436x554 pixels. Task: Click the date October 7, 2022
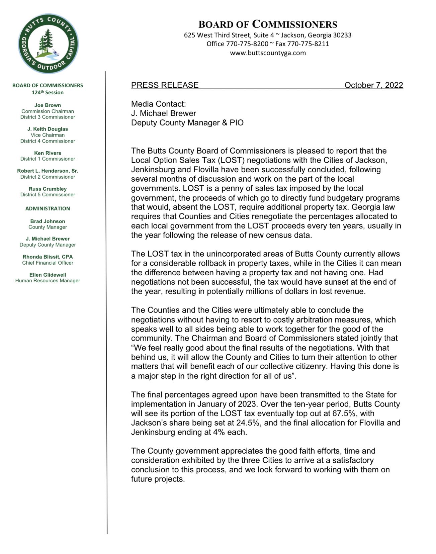[x=373, y=85]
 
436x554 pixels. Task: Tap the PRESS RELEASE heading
[x=165, y=85]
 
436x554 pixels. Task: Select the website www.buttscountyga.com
[x=268, y=53]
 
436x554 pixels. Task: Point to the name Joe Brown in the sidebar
[x=48, y=105]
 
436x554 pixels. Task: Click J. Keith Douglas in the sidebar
[x=48, y=129]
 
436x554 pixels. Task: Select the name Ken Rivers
[x=48, y=153]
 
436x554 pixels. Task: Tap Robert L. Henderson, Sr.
[x=48, y=171]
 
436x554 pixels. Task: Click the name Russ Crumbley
[x=48, y=189]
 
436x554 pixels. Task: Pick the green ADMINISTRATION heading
[x=48, y=208]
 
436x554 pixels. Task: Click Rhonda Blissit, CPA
[x=48, y=257]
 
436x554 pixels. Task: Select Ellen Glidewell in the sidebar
[x=48, y=275]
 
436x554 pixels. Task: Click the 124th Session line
[x=48, y=92]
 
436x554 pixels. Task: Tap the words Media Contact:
[x=158, y=104]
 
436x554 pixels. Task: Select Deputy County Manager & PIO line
[x=187, y=122]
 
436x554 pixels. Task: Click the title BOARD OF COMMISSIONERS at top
[x=268, y=24]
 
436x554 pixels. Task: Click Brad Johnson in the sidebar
[x=48, y=221]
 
